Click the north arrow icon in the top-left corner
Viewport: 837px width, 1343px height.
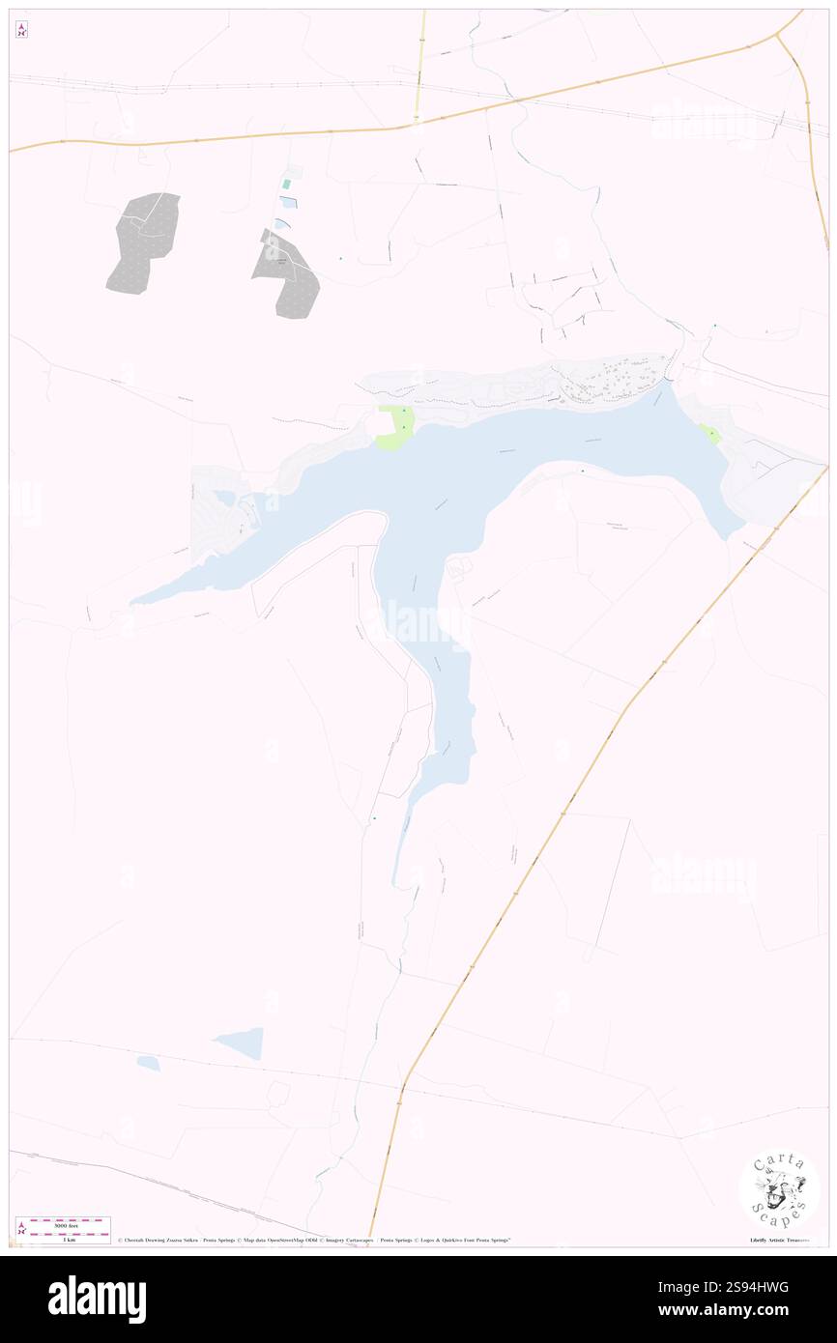(x=21, y=30)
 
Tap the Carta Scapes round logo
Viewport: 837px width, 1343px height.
(x=779, y=1189)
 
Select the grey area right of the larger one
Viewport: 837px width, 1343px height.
(x=289, y=275)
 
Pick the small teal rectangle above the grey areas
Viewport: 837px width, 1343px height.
(x=286, y=184)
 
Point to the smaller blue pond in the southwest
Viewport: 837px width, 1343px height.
(x=148, y=1063)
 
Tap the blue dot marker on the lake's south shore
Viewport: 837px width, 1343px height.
(x=583, y=471)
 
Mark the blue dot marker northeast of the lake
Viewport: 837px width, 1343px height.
(x=714, y=326)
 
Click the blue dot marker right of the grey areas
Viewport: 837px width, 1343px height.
(x=340, y=258)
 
